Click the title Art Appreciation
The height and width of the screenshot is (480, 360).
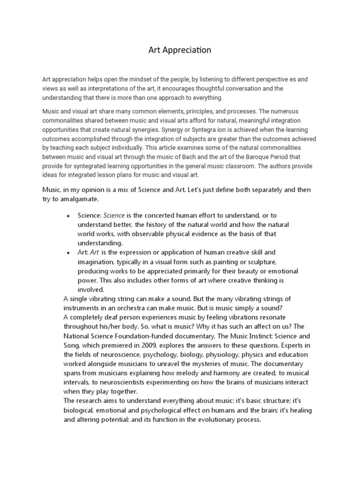[x=180, y=50]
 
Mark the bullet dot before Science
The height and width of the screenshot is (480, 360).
[x=68, y=216]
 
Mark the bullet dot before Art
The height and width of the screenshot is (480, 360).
[x=68, y=253]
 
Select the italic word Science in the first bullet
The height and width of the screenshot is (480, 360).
[x=114, y=216]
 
